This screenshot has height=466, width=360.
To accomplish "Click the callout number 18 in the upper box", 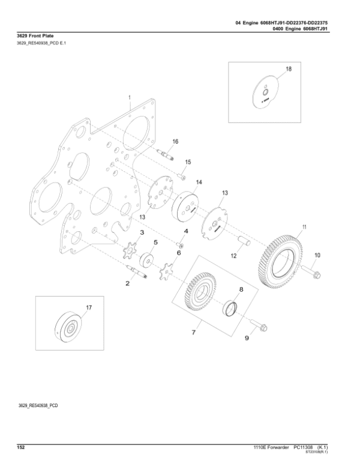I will point(288,70).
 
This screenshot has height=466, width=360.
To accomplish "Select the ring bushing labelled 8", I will point(230,309).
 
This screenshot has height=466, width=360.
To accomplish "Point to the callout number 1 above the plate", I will point(129,96).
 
